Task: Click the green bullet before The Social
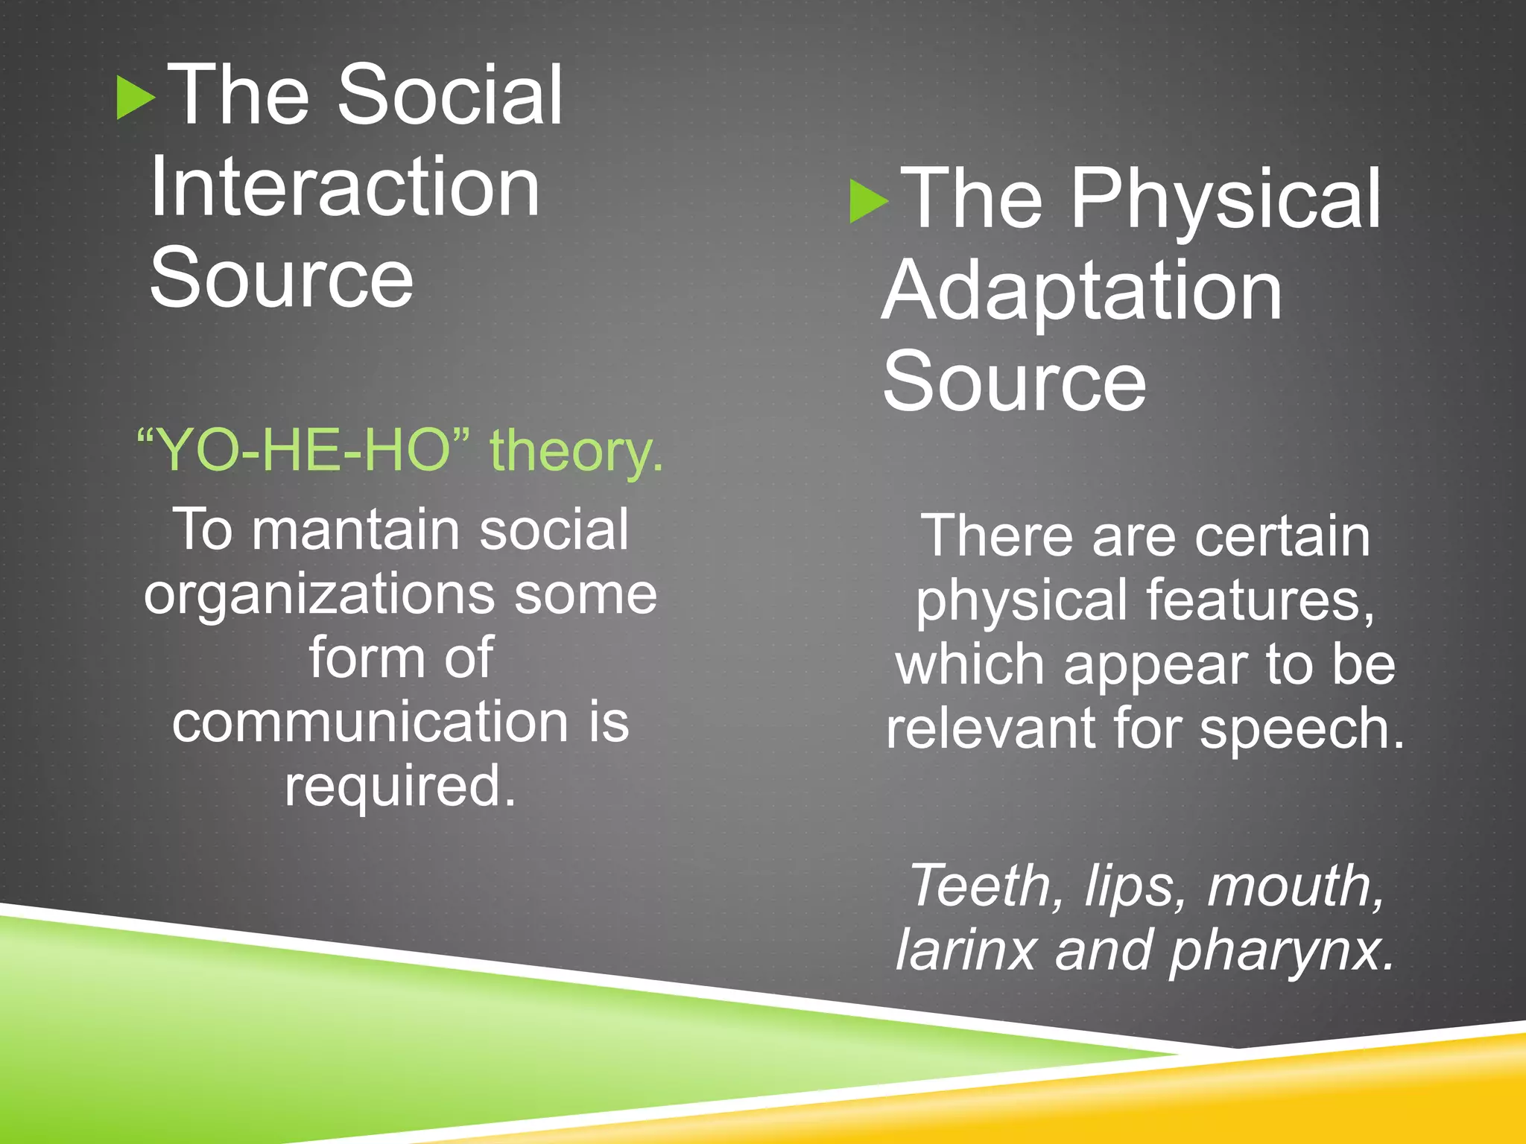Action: (x=135, y=98)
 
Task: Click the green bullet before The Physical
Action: (x=868, y=201)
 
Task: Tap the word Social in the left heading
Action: (x=450, y=95)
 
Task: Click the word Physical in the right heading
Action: (x=1226, y=200)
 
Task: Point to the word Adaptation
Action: (x=1081, y=292)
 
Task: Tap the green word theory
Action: (x=575, y=451)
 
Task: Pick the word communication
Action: (x=370, y=722)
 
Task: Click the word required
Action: (x=400, y=786)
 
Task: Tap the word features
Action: (x=1259, y=600)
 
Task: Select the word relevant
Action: (x=990, y=728)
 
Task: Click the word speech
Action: (x=1300, y=730)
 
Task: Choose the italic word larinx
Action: (x=966, y=951)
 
